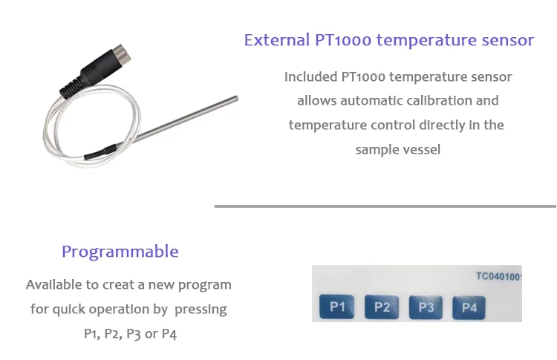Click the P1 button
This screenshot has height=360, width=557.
336,307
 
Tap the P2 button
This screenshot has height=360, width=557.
382,307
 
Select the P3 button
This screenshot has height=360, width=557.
426,307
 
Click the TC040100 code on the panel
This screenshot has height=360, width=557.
498,277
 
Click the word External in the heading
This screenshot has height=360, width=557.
277,40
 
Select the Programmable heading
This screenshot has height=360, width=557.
120,252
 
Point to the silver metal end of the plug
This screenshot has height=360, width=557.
123,53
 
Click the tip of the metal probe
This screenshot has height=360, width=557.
236,99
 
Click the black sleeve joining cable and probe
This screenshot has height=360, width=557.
100,151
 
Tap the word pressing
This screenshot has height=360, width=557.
201,310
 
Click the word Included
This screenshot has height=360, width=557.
311,76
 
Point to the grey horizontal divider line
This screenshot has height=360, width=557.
385,206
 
